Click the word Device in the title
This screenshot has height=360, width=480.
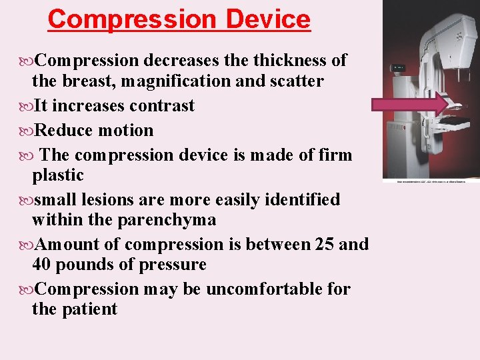tap(268, 19)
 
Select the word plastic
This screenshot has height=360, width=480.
tap(58, 175)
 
